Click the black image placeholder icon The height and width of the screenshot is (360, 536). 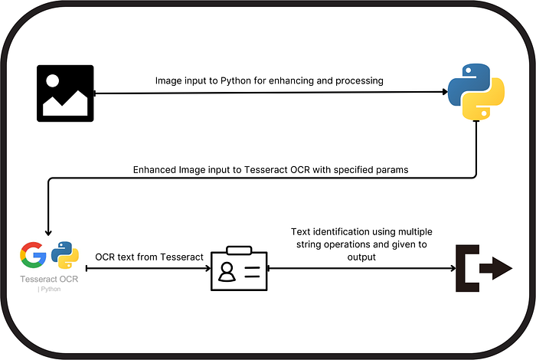(x=65, y=93)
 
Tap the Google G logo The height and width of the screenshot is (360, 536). (x=33, y=255)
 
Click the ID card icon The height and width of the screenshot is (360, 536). (x=238, y=269)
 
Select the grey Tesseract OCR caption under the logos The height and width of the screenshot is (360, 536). (x=49, y=279)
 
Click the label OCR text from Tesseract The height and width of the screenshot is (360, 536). (x=149, y=257)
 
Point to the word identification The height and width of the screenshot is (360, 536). (x=345, y=231)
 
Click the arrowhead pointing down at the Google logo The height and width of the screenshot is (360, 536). (x=48, y=233)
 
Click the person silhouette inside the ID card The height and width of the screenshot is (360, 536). (x=227, y=271)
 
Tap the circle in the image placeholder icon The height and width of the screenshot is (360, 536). (x=54, y=80)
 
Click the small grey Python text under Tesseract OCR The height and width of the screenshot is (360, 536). (x=49, y=289)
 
